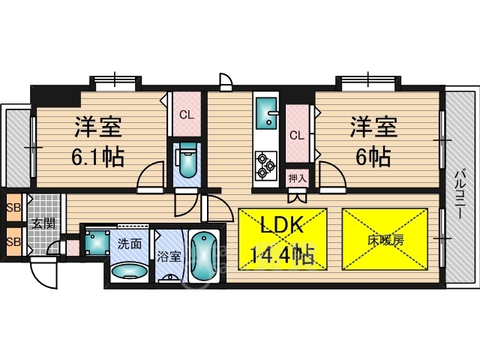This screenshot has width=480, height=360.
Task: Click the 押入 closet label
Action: tap(297, 178)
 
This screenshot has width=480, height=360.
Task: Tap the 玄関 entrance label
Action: tap(41, 223)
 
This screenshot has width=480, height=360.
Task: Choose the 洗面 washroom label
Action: tap(129, 244)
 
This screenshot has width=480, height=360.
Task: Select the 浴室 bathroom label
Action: tap(169, 256)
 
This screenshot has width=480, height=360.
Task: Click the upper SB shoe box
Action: tap(13, 208)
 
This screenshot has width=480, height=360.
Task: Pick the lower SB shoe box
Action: tap(13, 241)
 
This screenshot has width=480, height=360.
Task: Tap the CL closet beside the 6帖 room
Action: tap(297, 136)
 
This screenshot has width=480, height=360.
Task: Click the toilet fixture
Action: tap(186, 160)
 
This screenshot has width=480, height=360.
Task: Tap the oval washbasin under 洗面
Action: tap(129, 269)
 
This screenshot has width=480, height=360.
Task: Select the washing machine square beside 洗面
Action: tap(96, 242)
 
